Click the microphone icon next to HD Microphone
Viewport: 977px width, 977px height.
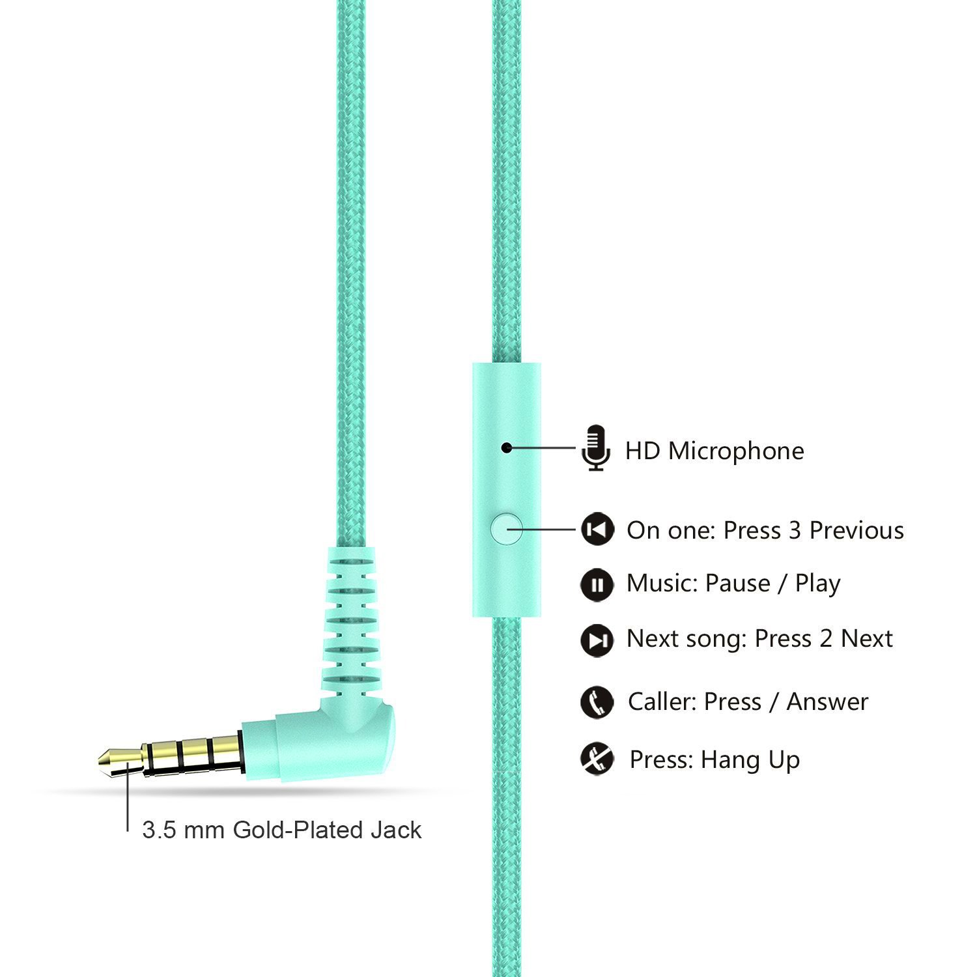[595, 448]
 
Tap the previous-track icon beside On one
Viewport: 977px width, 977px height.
[597, 530]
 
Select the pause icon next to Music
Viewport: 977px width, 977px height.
[597, 584]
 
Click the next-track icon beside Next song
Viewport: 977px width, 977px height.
[597, 640]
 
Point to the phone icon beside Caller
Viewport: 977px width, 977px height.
[597, 702]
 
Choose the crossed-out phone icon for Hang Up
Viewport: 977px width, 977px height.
[597, 759]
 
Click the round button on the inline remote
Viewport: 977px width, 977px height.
[507, 529]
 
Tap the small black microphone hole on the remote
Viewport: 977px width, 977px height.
[505, 448]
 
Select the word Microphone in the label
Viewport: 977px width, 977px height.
[736, 451]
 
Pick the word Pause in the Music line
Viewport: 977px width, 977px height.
[737, 584]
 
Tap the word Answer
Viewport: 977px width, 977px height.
[827, 702]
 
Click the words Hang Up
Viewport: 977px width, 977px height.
[750, 760]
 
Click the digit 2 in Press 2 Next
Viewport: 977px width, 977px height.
[826, 639]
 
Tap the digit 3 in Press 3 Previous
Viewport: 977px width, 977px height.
[794, 531]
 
